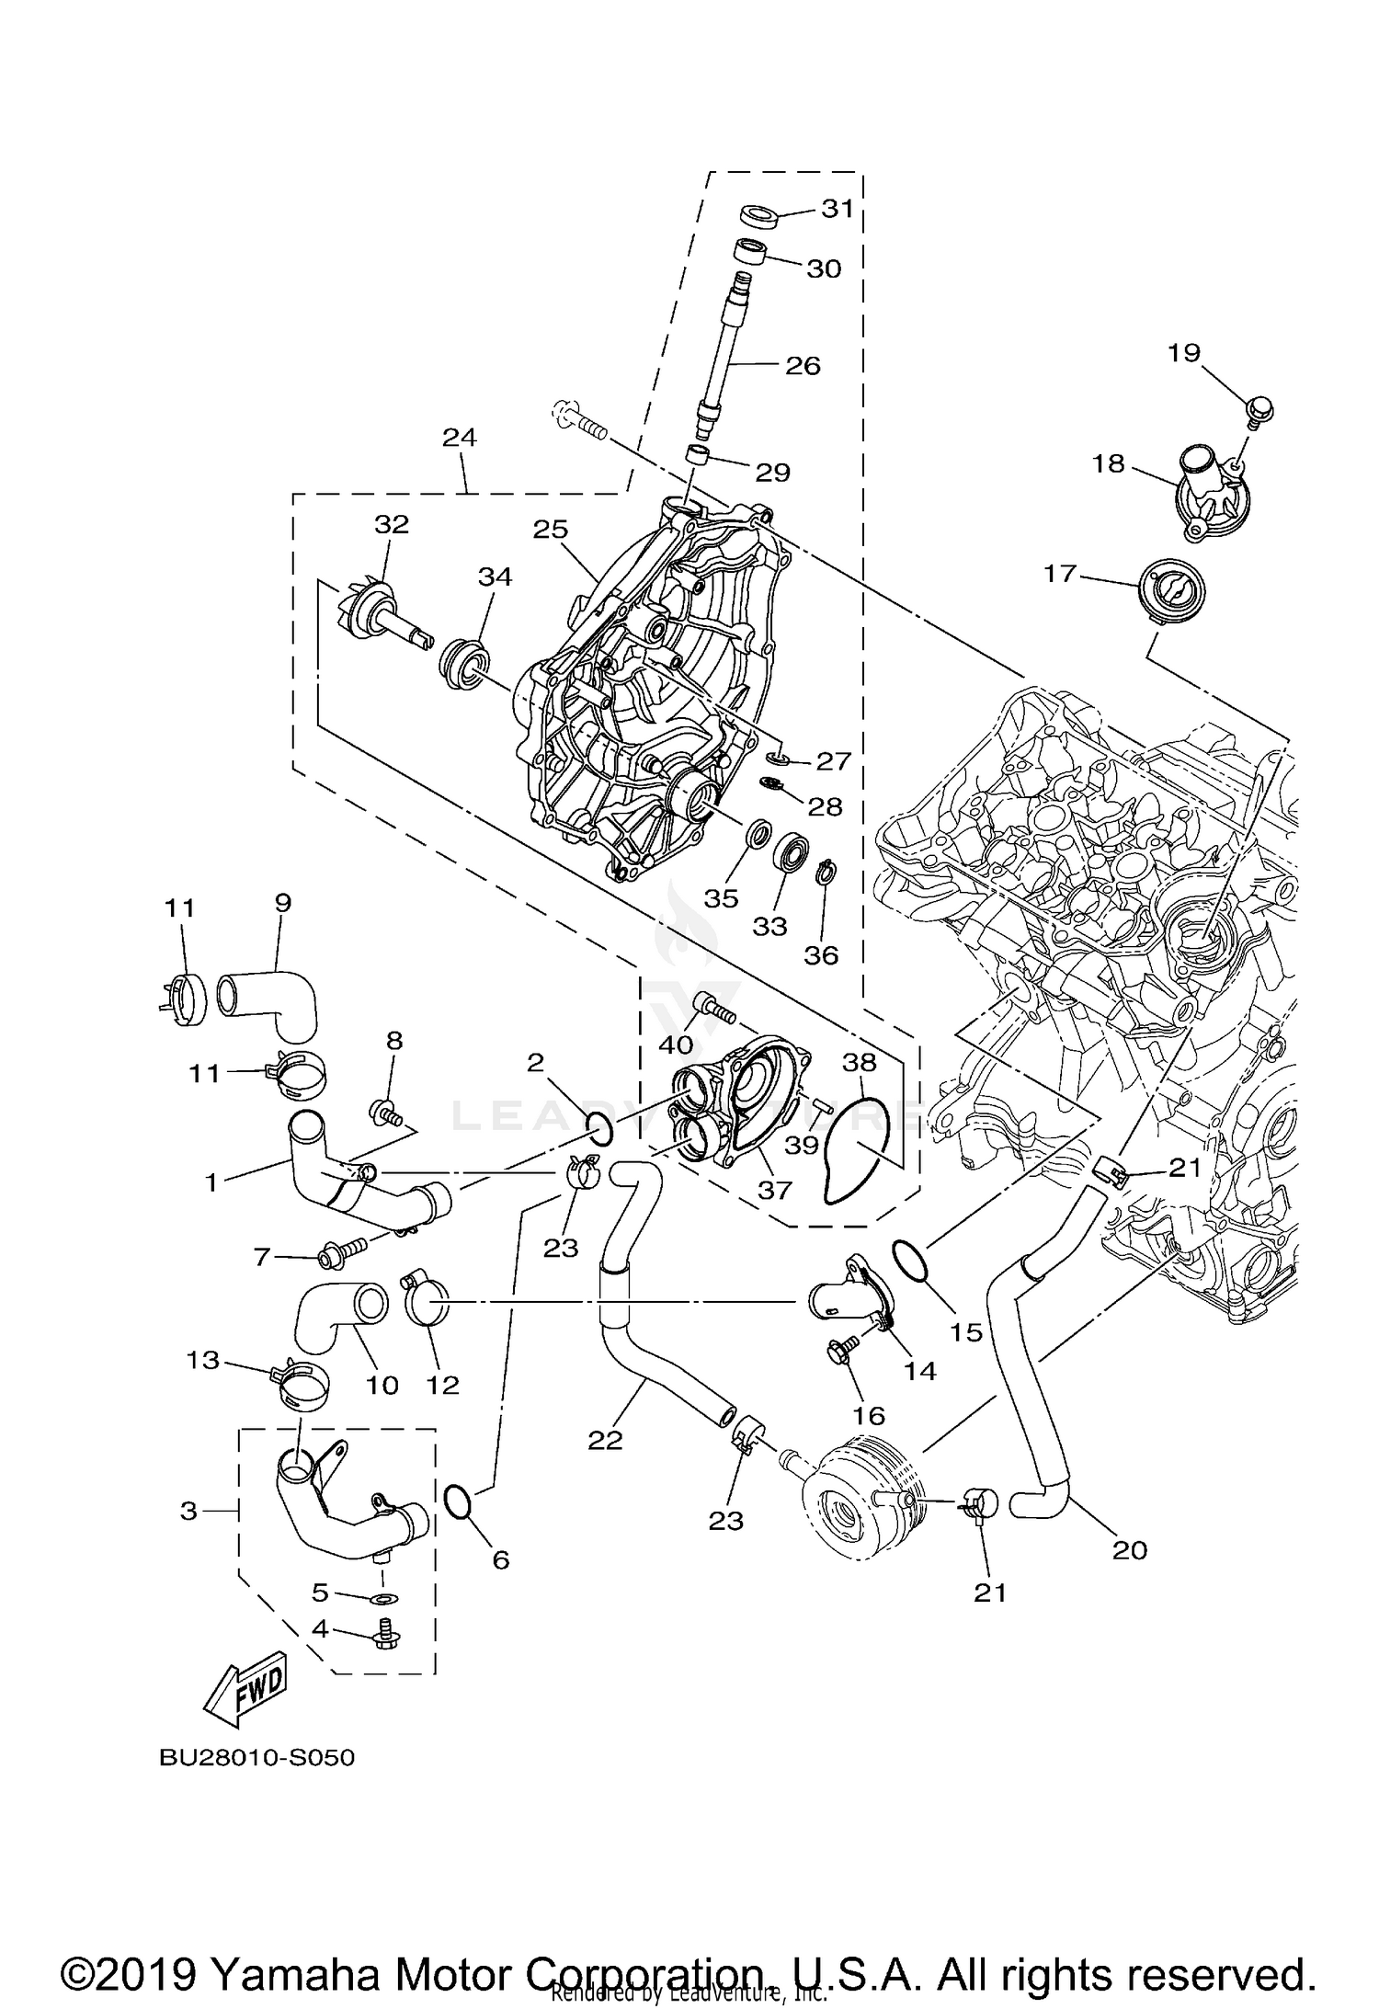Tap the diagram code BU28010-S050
(256, 1758)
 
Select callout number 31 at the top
(838, 209)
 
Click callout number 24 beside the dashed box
(459, 437)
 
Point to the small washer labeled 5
(383, 1600)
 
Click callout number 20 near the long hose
(1130, 1550)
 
